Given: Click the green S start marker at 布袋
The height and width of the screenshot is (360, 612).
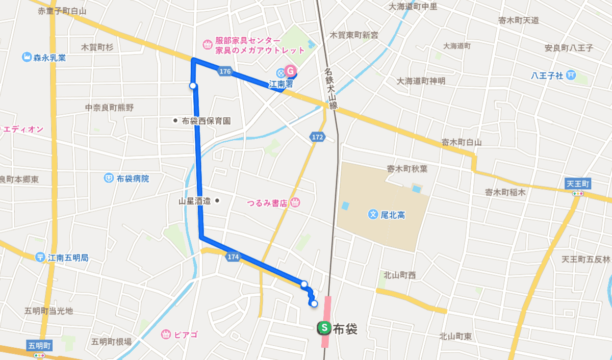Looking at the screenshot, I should [x=323, y=328].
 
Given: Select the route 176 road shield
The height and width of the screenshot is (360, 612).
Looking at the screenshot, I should [x=225, y=72].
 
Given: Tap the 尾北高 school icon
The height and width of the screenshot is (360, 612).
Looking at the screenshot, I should [x=373, y=215].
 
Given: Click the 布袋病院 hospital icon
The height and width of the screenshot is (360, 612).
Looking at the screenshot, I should [x=109, y=178].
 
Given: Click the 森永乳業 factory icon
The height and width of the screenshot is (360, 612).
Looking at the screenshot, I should [x=27, y=57].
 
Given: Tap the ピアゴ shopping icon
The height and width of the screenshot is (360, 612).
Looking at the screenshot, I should [x=166, y=335].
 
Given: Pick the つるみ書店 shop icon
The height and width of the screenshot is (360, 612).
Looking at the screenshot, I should [x=295, y=203].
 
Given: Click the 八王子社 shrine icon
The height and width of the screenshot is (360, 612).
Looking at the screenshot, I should [x=571, y=75].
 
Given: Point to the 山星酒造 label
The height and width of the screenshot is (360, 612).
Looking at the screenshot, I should [x=195, y=201].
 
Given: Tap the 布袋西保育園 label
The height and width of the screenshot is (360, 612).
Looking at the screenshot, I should [x=206, y=121].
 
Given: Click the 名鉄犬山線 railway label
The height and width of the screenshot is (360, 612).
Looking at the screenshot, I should [x=331, y=89].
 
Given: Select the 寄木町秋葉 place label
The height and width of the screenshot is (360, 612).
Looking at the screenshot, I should [x=407, y=169].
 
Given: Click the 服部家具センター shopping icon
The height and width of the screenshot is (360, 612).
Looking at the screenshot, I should [x=208, y=45].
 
